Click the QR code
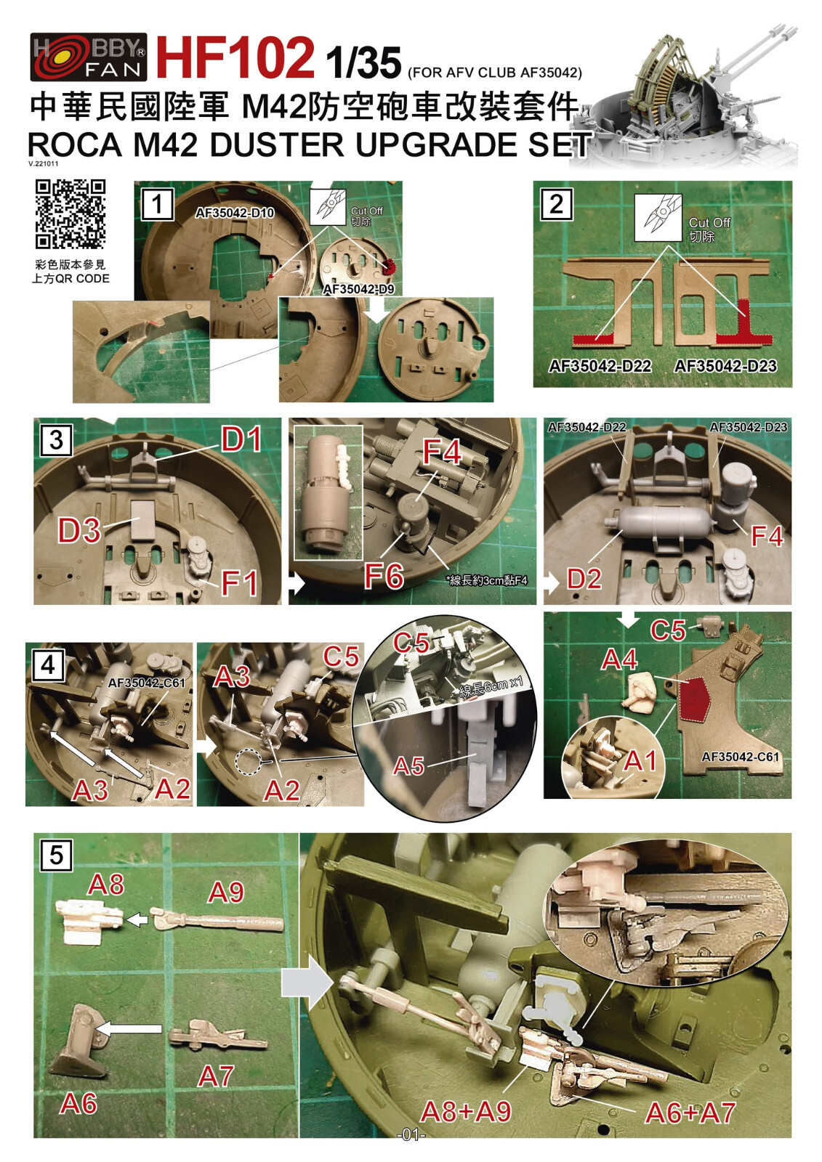70,214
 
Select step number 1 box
157,204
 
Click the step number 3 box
57,439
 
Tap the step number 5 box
57,855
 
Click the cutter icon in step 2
658,217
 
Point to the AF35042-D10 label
234,213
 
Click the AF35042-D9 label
358,289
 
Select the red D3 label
79,531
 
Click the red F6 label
384,576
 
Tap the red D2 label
584,579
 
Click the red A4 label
619,659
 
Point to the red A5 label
408,766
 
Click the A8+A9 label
466,1111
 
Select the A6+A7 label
690,1113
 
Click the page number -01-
411,1135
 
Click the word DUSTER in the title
275,145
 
